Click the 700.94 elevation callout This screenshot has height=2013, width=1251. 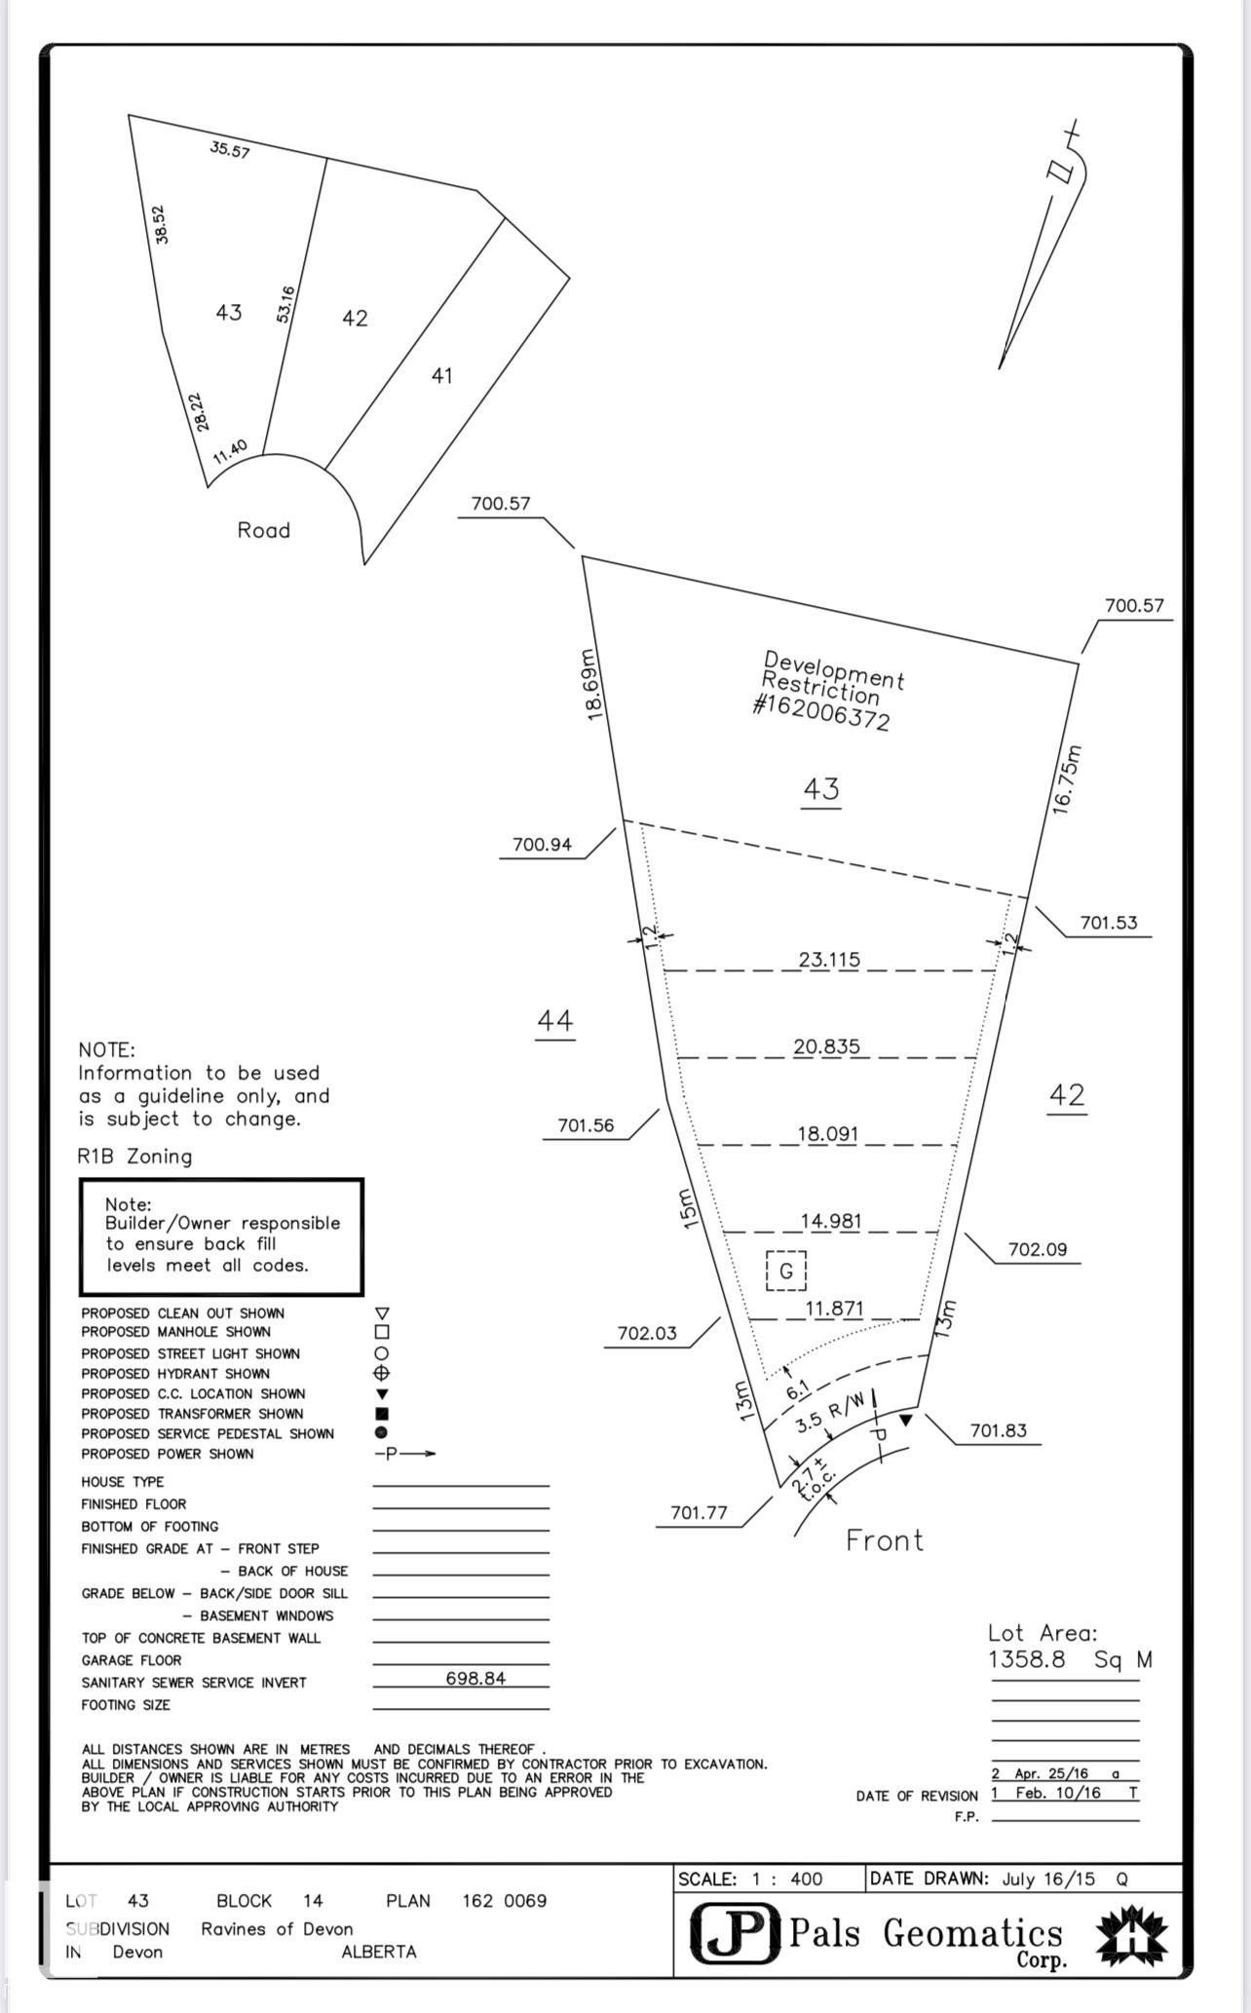(542, 845)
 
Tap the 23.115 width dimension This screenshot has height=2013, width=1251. (829, 960)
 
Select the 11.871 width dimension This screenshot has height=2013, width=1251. (834, 1309)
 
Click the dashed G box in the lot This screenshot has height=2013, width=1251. (786, 1271)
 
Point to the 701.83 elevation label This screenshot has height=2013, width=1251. (999, 1430)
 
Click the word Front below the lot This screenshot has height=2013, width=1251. (884, 1540)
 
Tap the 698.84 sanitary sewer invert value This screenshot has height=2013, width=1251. (475, 1678)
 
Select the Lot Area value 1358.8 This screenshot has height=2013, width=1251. (1027, 1659)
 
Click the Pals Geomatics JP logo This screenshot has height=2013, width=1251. (736, 1933)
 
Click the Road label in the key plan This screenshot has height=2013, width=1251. (264, 530)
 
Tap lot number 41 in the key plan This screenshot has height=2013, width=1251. (441, 375)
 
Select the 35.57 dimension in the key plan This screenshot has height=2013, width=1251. (230, 150)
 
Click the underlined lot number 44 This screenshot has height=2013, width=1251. (555, 1020)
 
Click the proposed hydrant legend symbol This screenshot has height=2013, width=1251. (382, 1373)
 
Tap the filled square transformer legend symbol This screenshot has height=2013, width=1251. (382, 1413)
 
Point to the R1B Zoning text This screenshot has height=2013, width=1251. (134, 1157)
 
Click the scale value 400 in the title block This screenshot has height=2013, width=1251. (806, 1879)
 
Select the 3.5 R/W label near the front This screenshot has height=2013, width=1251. (829, 1413)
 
